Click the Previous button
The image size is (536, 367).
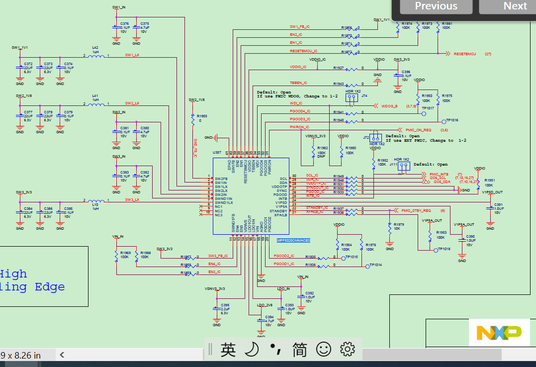click(436, 6)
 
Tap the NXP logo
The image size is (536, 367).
click(499, 333)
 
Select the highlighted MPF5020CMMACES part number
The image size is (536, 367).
click(294, 240)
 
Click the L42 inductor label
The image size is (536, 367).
click(95, 47)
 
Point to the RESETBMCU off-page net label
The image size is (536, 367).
click(465, 53)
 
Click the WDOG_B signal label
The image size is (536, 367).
click(389, 106)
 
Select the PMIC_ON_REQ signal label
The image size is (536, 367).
click(418, 129)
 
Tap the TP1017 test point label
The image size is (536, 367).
click(428, 108)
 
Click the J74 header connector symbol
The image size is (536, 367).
click(352, 98)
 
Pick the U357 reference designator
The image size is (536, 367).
click(217, 153)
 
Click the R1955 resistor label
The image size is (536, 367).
click(201, 116)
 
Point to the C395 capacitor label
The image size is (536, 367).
click(225, 305)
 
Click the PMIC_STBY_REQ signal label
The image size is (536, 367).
click(416, 211)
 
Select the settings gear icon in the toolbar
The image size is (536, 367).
click(348, 350)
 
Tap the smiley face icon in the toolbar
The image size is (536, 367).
click(323, 350)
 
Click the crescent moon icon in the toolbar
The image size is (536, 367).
click(252, 350)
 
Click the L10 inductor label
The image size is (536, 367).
click(94, 204)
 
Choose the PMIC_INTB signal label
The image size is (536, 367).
click(439, 175)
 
